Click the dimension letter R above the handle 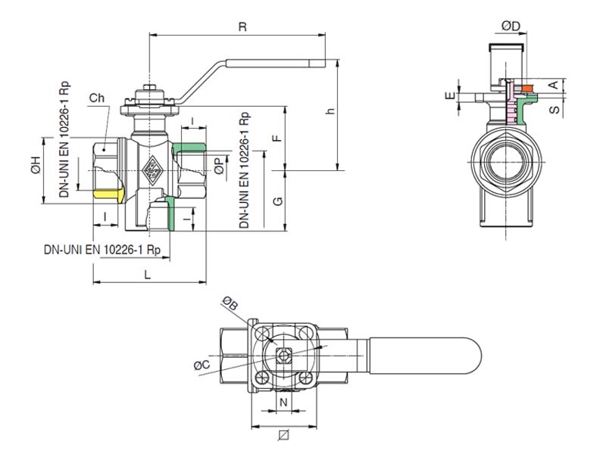click(x=242, y=26)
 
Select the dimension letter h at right click(x=330, y=111)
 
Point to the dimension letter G click(x=277, y=201)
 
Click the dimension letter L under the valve click(x=148, y=276)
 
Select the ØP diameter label click(x=219, y=166)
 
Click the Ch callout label click(x=96, y=98)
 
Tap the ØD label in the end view click(x=511, y=26)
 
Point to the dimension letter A click(x=554, y=83)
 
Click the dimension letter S click(x=554, y=110)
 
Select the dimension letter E click(x=451, y=96)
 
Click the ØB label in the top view click(x=230, y=303)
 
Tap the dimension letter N click(x=283, y=400)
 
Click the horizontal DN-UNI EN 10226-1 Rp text click(x=102, y=249)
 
